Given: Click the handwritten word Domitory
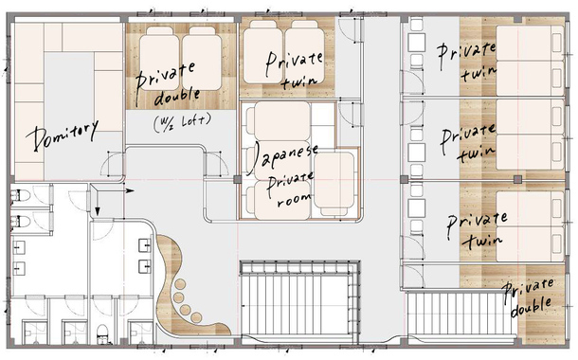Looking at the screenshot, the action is click(x=62, y=135).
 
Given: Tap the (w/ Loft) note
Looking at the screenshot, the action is click(x=183, y=122).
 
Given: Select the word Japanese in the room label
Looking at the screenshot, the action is click(x=282, y=158).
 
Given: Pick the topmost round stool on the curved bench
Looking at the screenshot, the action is click(x=180, y=284).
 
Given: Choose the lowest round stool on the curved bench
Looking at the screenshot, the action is click(x=196, y=317).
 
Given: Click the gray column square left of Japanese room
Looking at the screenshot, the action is click(x=238, y=179).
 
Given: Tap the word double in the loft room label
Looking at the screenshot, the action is click(x=177, y=97).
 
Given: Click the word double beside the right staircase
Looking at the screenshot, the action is click(x=532, y=307).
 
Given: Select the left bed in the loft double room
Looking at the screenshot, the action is click(x=160, y=58).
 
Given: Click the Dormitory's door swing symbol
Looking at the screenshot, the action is click(x=113, y=165).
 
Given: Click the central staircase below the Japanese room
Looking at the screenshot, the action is click(x=299, y=300).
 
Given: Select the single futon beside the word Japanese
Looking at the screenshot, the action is click(x=334, y=184).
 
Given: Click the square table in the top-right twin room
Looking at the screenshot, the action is click(x=417, y=43).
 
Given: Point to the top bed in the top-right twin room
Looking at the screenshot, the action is click(x=530, y=43).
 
